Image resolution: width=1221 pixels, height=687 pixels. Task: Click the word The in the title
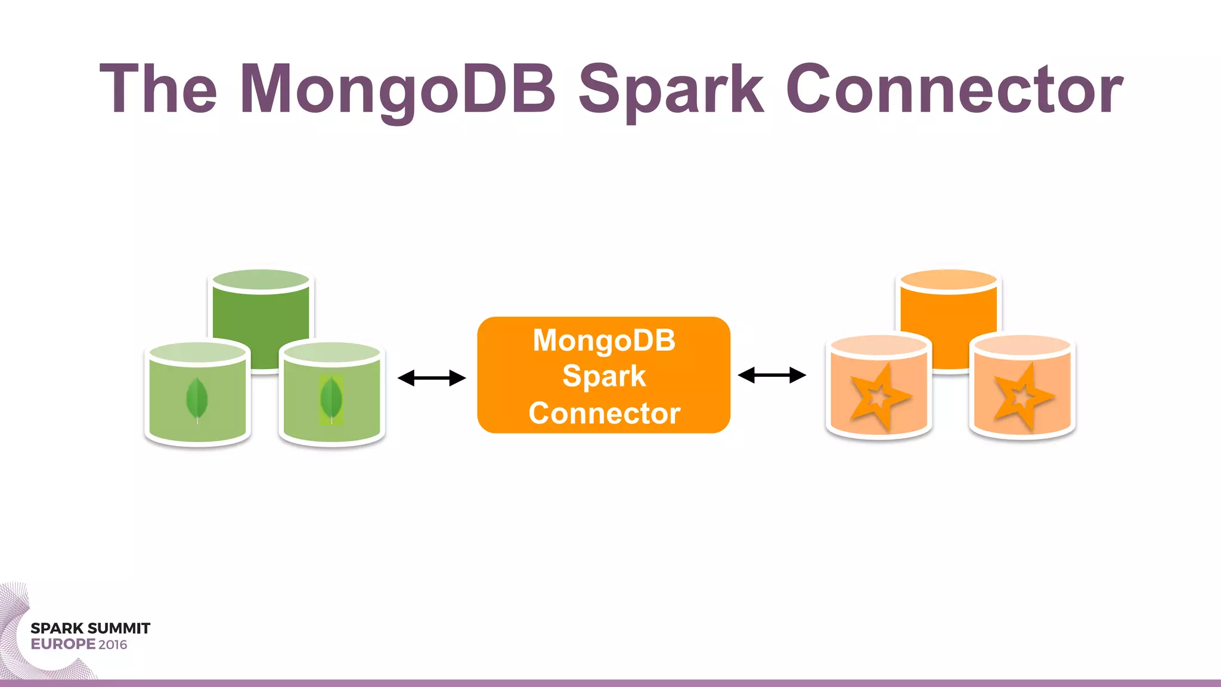tap(158, 89)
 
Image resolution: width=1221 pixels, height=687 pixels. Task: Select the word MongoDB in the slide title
tap(398, 89)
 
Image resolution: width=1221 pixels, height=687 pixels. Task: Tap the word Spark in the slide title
tap(671, 89)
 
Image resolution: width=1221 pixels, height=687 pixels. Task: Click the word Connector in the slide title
tap(954, 89)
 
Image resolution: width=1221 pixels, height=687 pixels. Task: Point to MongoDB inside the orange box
tap(604, 341)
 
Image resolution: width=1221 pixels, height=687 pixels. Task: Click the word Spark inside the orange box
tap(604, 376)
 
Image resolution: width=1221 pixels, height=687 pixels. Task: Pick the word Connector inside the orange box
tap(604, 413)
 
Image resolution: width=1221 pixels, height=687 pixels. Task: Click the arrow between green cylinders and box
tap(432, 378)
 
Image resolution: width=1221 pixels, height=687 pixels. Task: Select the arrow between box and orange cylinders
tap(772, 375)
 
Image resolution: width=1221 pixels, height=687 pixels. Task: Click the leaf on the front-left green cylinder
tap(197, 400)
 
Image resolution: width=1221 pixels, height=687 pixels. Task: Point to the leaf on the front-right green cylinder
tap(331, 400)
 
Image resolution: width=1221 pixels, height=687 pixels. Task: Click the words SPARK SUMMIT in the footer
tap(90, 629)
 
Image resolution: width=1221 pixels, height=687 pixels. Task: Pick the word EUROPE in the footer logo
tap(63, 644)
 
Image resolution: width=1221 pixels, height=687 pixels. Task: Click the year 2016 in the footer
tap(113, 645)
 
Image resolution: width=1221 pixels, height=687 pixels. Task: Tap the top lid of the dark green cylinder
tap(261, 280)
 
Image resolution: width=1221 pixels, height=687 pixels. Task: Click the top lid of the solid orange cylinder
tap(949, 280)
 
